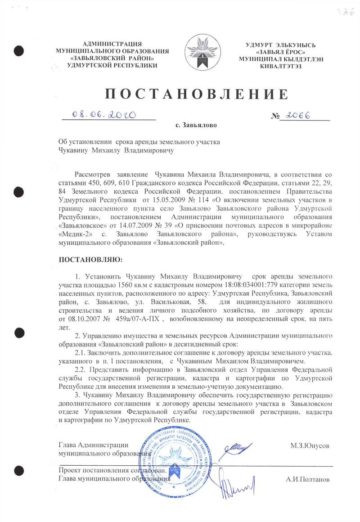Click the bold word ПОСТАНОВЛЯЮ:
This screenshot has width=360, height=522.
click(91, 260)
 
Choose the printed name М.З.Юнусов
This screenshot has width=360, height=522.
click(310, 445)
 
